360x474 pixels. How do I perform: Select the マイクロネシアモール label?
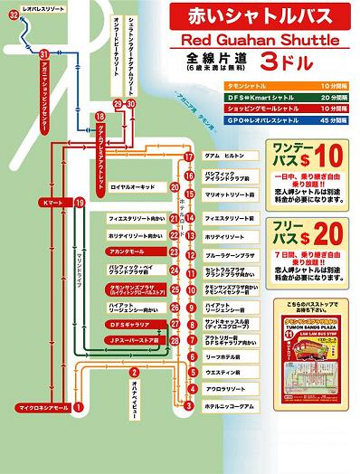[x=38, y=408]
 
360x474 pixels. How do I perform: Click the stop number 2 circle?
[x=134, y=374]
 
